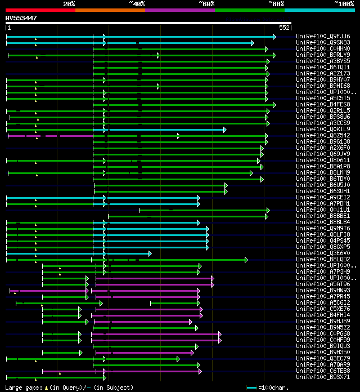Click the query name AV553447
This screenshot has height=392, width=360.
(x=21, y=18)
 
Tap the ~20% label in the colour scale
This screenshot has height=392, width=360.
(x=69, y=3)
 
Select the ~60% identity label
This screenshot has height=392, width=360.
(x=206, y=3)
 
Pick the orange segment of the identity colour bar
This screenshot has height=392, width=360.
(x=110, y=10)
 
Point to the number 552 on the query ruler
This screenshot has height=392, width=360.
(x=283, y=28)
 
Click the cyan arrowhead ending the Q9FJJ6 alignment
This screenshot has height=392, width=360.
(x=274, y=37)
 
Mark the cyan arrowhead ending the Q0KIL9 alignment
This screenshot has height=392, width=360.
(x=224, y=130)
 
